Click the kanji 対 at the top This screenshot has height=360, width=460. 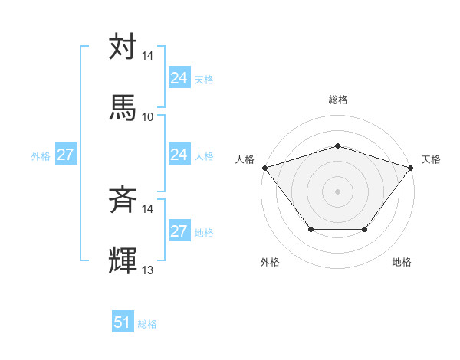pos(123,47)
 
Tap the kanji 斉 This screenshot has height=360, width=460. pos(123,201)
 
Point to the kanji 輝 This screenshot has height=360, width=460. pos(123,260)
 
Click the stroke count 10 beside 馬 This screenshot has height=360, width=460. pos(147,117)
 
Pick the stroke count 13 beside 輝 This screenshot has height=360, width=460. pos(147,270)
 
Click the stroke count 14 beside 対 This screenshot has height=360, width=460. pos(147,56)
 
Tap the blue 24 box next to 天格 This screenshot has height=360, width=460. pos(179,78)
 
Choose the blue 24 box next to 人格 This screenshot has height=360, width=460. pos(179,155)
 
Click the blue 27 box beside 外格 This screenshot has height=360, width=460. pos(65,155)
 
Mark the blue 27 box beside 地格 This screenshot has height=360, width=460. pos(179,231)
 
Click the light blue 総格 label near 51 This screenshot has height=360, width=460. pos(147,324)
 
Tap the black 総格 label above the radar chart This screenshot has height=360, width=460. pos(337,100)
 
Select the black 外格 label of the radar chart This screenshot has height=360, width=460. pos(270,262)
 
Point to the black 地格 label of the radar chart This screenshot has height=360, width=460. pos(402,262)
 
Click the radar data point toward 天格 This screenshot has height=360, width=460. pos(411,167)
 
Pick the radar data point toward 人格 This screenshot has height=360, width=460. pos(264,167)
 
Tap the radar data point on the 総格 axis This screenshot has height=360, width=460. pos(337,146)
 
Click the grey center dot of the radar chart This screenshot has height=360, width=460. pos(337,191)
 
